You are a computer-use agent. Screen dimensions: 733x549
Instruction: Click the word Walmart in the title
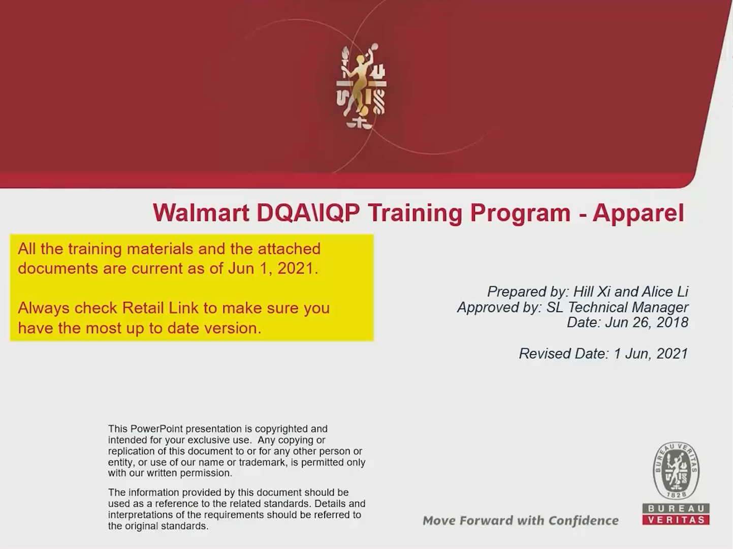[x=201, y=212]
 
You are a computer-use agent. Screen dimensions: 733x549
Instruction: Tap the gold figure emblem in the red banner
[x=361, y=86]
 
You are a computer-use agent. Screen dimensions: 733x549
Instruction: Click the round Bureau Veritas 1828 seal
[x=676, y=471]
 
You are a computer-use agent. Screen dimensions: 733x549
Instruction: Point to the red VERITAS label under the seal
[x=676, y=520]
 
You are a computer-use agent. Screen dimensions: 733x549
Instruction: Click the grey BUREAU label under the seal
[x=676, y=508]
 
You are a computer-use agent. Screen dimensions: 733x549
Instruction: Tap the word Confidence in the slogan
[x=583, y=520]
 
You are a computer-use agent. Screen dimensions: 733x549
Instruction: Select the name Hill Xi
[x=592, y=292]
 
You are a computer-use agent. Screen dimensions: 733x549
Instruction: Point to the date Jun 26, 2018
[x=647, y=322]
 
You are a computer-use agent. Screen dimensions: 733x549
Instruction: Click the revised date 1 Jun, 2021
[x=651, y=353]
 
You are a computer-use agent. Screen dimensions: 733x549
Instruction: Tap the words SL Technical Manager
[x=617, y=308]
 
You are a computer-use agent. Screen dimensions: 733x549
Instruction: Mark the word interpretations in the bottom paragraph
[x=142, y=515]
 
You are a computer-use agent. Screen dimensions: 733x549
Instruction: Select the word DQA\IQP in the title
[x=308, y=213]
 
